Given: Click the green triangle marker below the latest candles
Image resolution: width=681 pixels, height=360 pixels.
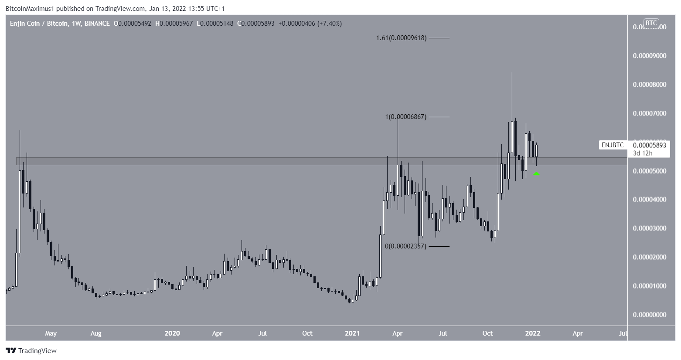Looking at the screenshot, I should (537, 173).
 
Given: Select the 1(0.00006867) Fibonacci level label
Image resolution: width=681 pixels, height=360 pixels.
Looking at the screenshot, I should (405, 117).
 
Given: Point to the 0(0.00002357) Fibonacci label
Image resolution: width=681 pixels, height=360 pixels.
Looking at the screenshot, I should (405, 246).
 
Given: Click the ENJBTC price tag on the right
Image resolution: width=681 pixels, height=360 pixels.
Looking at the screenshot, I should (613, 145).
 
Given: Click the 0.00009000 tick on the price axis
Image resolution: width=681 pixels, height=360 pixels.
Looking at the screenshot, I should (650, 56).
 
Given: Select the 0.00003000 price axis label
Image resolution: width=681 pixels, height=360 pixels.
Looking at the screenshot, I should (650, 228).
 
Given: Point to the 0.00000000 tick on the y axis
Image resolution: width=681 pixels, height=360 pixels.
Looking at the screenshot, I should (650, 315).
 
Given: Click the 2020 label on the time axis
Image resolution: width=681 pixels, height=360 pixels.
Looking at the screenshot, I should (172, 333).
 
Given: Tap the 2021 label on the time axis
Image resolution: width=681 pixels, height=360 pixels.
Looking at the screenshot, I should (352, 333).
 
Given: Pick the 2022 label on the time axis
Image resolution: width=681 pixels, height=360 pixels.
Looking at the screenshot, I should (533, 333).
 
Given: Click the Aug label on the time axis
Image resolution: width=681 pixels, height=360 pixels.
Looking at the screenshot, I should (96, 333).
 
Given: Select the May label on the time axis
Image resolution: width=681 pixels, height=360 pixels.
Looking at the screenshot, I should (51, 333).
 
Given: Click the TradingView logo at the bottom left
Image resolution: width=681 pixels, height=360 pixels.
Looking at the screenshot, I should (31, 350).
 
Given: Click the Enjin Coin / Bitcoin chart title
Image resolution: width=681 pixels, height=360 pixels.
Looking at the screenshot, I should (39, 24).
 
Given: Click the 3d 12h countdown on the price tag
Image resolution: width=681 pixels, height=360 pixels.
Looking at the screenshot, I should (643, 153).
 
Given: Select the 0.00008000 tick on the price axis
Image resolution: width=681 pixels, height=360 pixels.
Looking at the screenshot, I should (650, 85).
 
